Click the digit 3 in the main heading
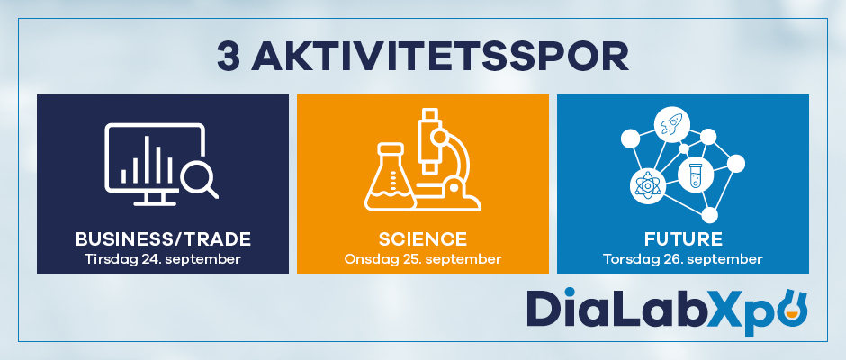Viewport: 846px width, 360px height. [x=229, y=57]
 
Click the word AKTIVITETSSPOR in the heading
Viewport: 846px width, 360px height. [x=440, y=57]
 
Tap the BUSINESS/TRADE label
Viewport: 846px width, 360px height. [x=163, y=239]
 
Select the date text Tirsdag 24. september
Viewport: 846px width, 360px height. [x=163, y=259]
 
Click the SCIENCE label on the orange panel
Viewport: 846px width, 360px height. [x=423, y=239]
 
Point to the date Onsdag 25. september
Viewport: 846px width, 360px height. [x=423, y=259]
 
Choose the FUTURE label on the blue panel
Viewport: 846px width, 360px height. [x=683, y=239]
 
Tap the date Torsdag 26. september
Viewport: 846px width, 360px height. [x=683, y=259]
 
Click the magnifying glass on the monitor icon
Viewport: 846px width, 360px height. [x=198, y=178]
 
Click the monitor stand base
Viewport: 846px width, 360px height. [x=154, y=203]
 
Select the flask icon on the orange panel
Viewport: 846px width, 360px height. [x=390, y=176]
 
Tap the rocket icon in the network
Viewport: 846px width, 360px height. [x=671, y=123]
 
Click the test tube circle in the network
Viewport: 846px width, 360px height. [x=696, y=175]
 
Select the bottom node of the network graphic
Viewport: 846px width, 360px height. [x=710, y=215]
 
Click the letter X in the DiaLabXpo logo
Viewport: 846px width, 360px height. [x=728, y=308]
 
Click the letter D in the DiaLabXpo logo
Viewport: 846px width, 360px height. [x=544, y=308]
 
